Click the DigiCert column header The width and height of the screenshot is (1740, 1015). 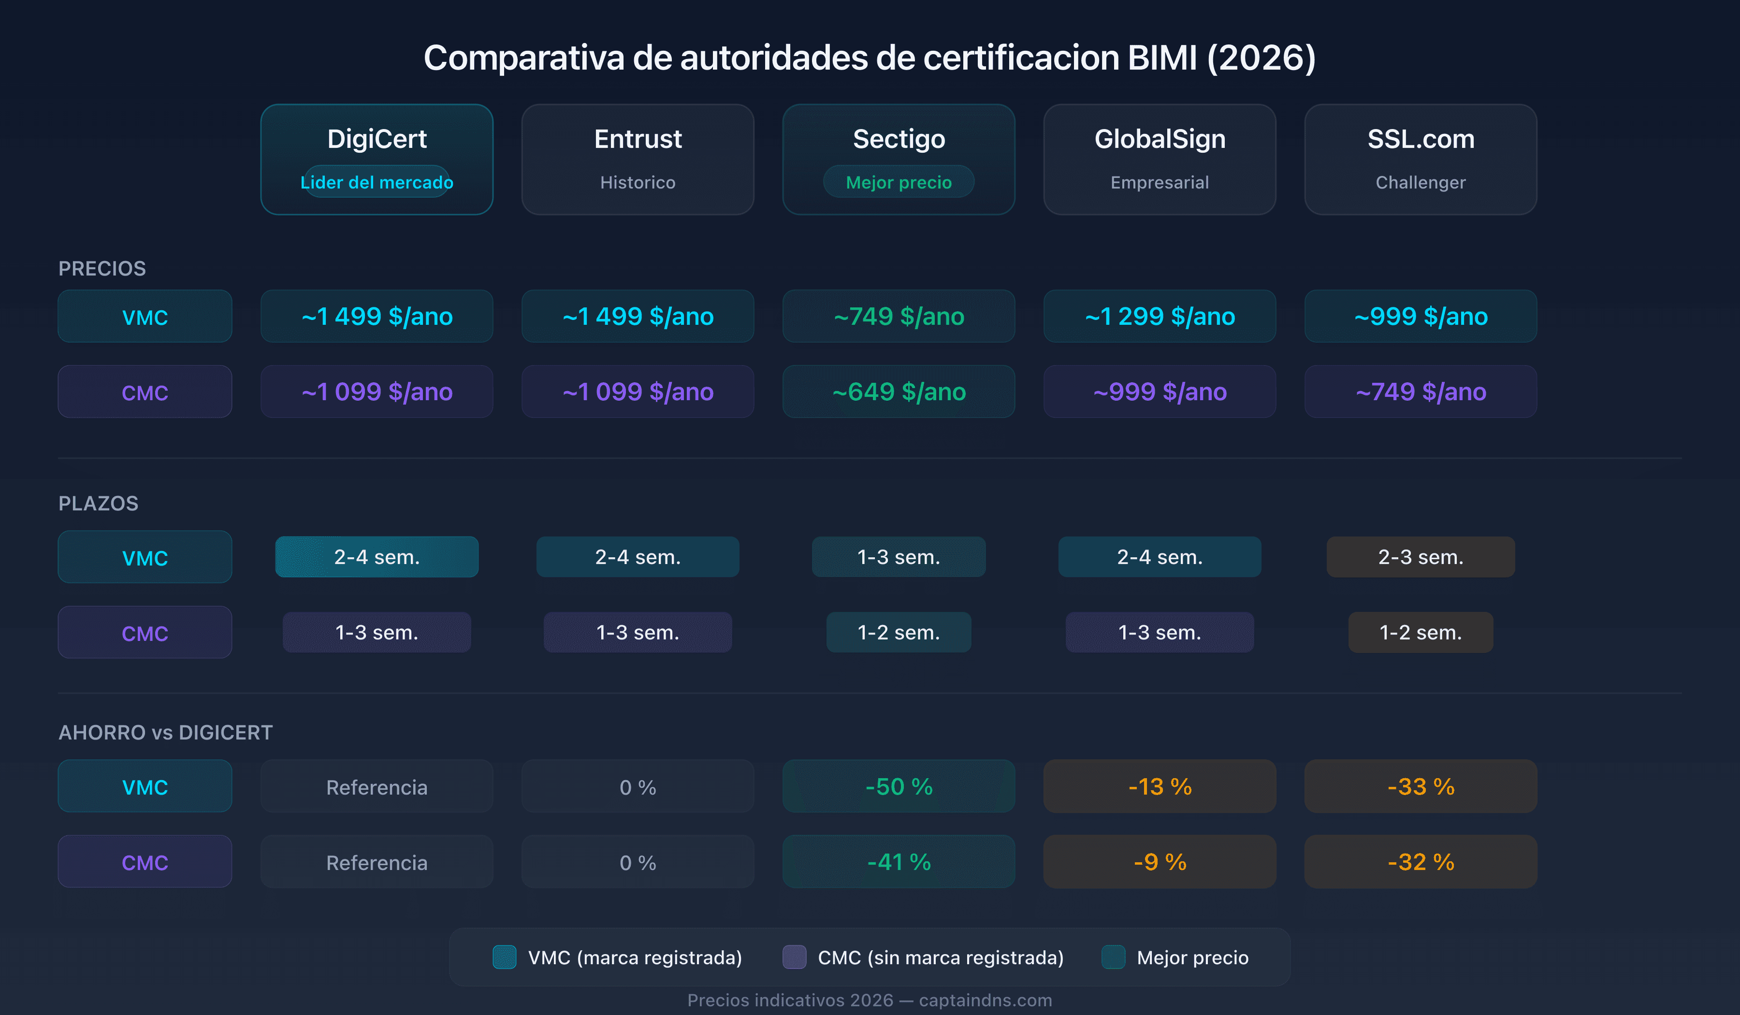[377, 140]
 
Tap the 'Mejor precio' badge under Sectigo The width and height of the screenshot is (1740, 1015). [899, 182]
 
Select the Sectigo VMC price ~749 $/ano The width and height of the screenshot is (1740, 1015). [899, 316]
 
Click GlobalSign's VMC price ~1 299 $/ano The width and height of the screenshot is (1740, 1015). [1160, 316]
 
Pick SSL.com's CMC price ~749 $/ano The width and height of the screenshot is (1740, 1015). [1421, 391]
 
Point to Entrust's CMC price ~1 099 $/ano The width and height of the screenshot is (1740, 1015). [638, 391]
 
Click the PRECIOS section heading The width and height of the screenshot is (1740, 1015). [102, 269]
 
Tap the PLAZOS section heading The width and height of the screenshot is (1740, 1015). [98, 503]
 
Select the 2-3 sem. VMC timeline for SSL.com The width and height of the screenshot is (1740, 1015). [1421, 557]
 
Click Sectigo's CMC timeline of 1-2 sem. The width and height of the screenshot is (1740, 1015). [899, 633]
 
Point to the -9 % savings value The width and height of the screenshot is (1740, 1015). [1160, 862]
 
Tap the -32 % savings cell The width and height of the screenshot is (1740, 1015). [1421, 862]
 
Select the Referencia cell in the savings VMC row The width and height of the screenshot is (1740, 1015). [377, 787]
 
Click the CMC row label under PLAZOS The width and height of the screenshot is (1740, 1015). [145, 633]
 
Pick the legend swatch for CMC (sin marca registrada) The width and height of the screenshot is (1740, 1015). [794, 957]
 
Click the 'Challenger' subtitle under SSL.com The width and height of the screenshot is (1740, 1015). [1421, 182]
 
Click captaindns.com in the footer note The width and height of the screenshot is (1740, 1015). [986, 1000]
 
